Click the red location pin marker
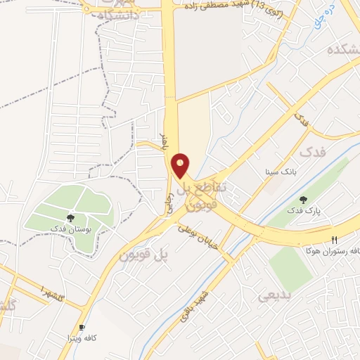(x=181, y=165)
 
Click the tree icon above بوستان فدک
(x=70, y=218)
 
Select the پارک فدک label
(x=302, y=210)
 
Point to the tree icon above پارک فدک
(x=303, y=200)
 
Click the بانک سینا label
(x=281, y=171)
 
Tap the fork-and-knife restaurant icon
(x=335, y=240)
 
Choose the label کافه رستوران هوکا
(x=330, y=250)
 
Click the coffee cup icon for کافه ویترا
(x=82, y=328)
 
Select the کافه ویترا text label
(x=82, y=338)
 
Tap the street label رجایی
(x=169, y=191)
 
